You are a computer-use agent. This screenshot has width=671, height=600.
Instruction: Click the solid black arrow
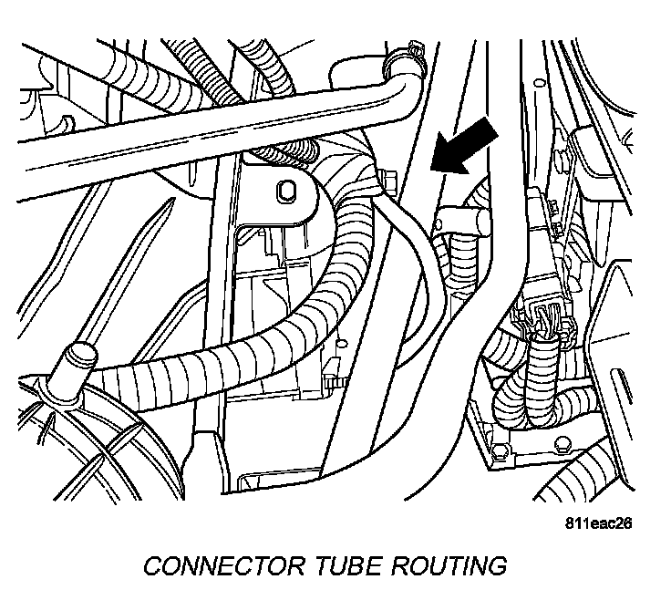tap(466, 147)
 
